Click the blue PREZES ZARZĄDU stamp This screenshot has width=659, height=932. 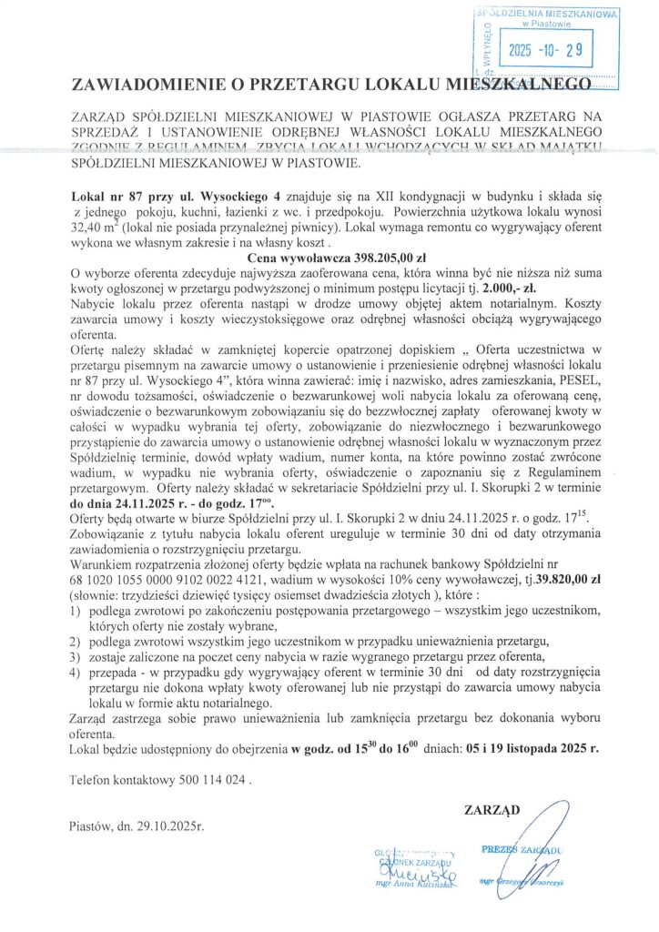520,849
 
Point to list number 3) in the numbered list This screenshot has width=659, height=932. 76,658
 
